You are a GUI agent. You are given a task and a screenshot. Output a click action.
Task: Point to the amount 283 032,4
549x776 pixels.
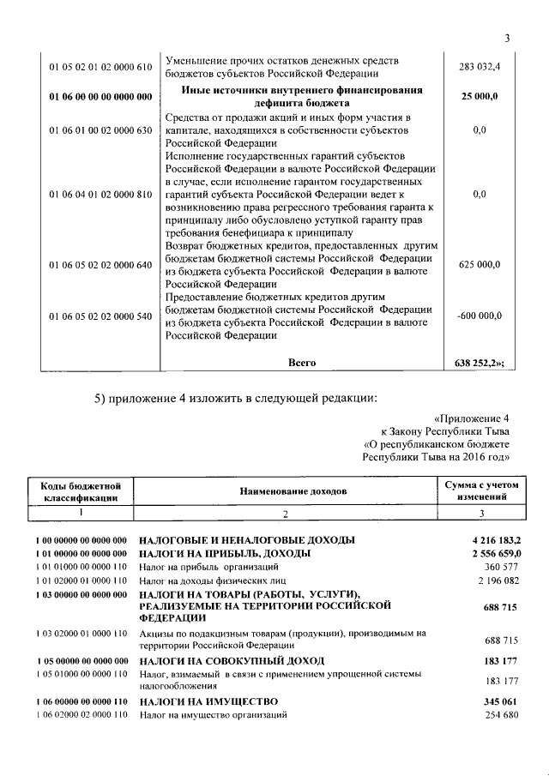[x=480, y=67]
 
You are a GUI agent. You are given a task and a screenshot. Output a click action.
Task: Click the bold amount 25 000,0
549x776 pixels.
[x=480, y=97]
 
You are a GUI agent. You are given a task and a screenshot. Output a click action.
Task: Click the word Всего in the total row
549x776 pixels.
[x=302, y=363]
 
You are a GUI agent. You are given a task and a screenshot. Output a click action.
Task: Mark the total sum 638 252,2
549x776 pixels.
[x=479, y=363]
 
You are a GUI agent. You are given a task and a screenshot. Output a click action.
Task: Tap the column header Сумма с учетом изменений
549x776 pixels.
[x=481, y=491]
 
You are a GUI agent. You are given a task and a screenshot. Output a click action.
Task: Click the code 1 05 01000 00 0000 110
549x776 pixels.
[x=81, y=675]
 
